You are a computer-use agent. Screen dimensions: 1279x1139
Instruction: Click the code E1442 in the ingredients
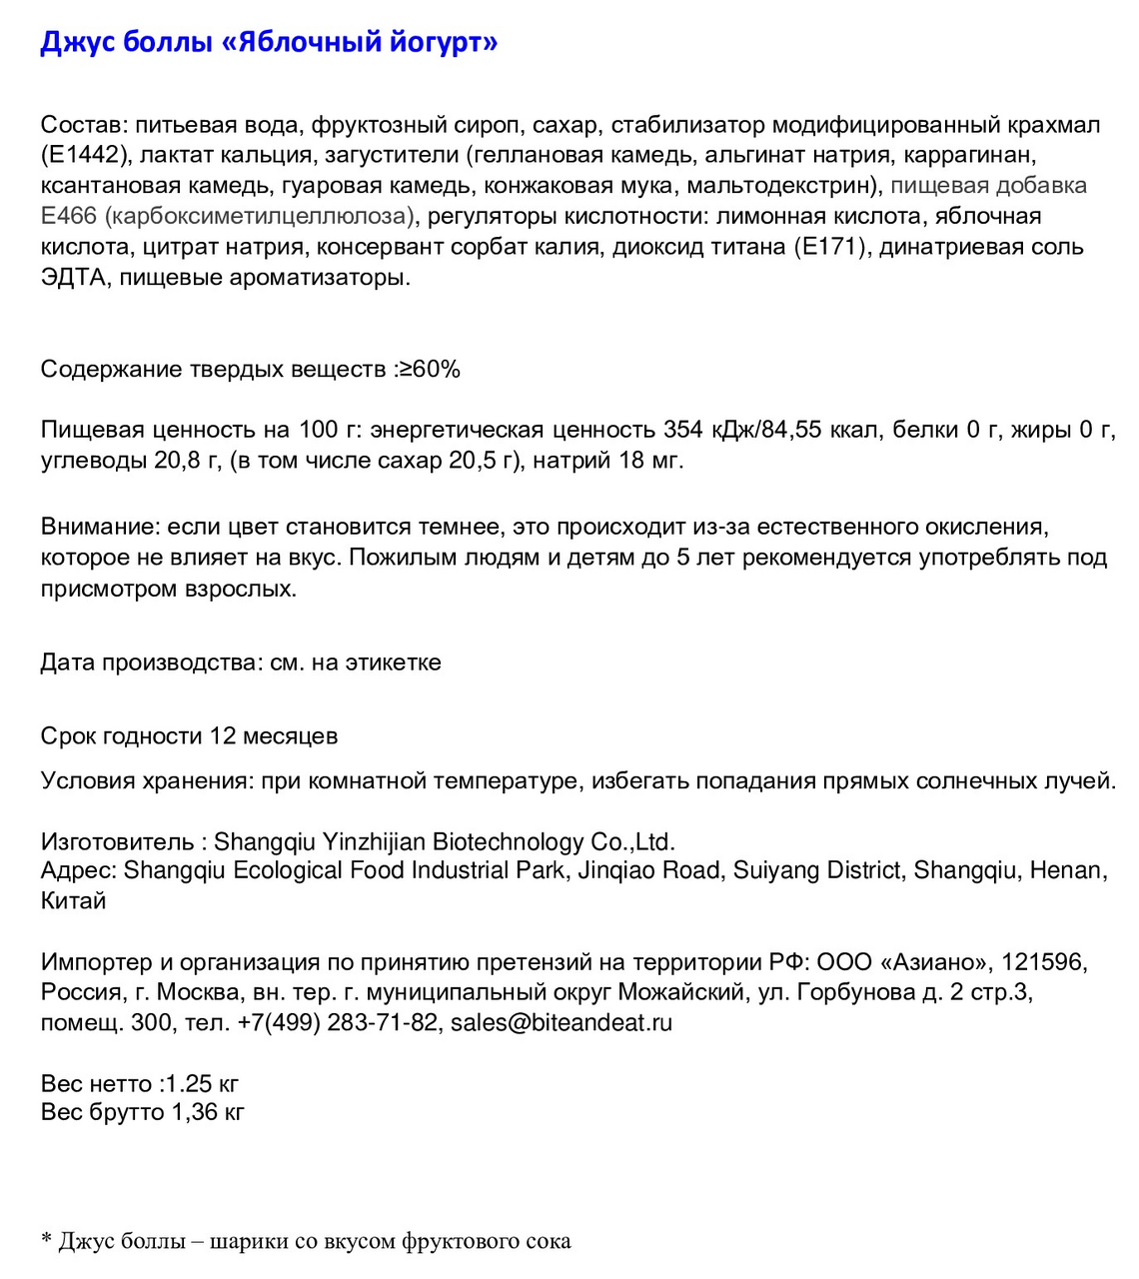click(x=86, y=155)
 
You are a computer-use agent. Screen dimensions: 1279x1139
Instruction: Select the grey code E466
click(x=68, y=216)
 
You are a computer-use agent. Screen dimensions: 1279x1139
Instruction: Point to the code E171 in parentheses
click(x=829, y=247)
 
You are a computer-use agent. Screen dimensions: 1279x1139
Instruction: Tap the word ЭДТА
click(x=73, y=277)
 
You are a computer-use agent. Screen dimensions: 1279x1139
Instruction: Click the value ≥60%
click(x=430, y=370)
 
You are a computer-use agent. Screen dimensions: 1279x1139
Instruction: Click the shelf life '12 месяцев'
click(x=274, y=736)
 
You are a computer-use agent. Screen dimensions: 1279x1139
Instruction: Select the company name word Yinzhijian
click(x=373, y=841)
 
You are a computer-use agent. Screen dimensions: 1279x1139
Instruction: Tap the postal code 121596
click(x=1043, y=962)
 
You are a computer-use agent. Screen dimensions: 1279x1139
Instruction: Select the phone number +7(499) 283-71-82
click(x=338, y=1023)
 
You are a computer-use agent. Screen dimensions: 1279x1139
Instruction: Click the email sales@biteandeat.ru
click(x=562, y=1023)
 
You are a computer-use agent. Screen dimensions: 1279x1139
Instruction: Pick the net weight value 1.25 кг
click(x=202, y=1084)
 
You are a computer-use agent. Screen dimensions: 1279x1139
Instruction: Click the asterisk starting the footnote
click(x=46, y=1240)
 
